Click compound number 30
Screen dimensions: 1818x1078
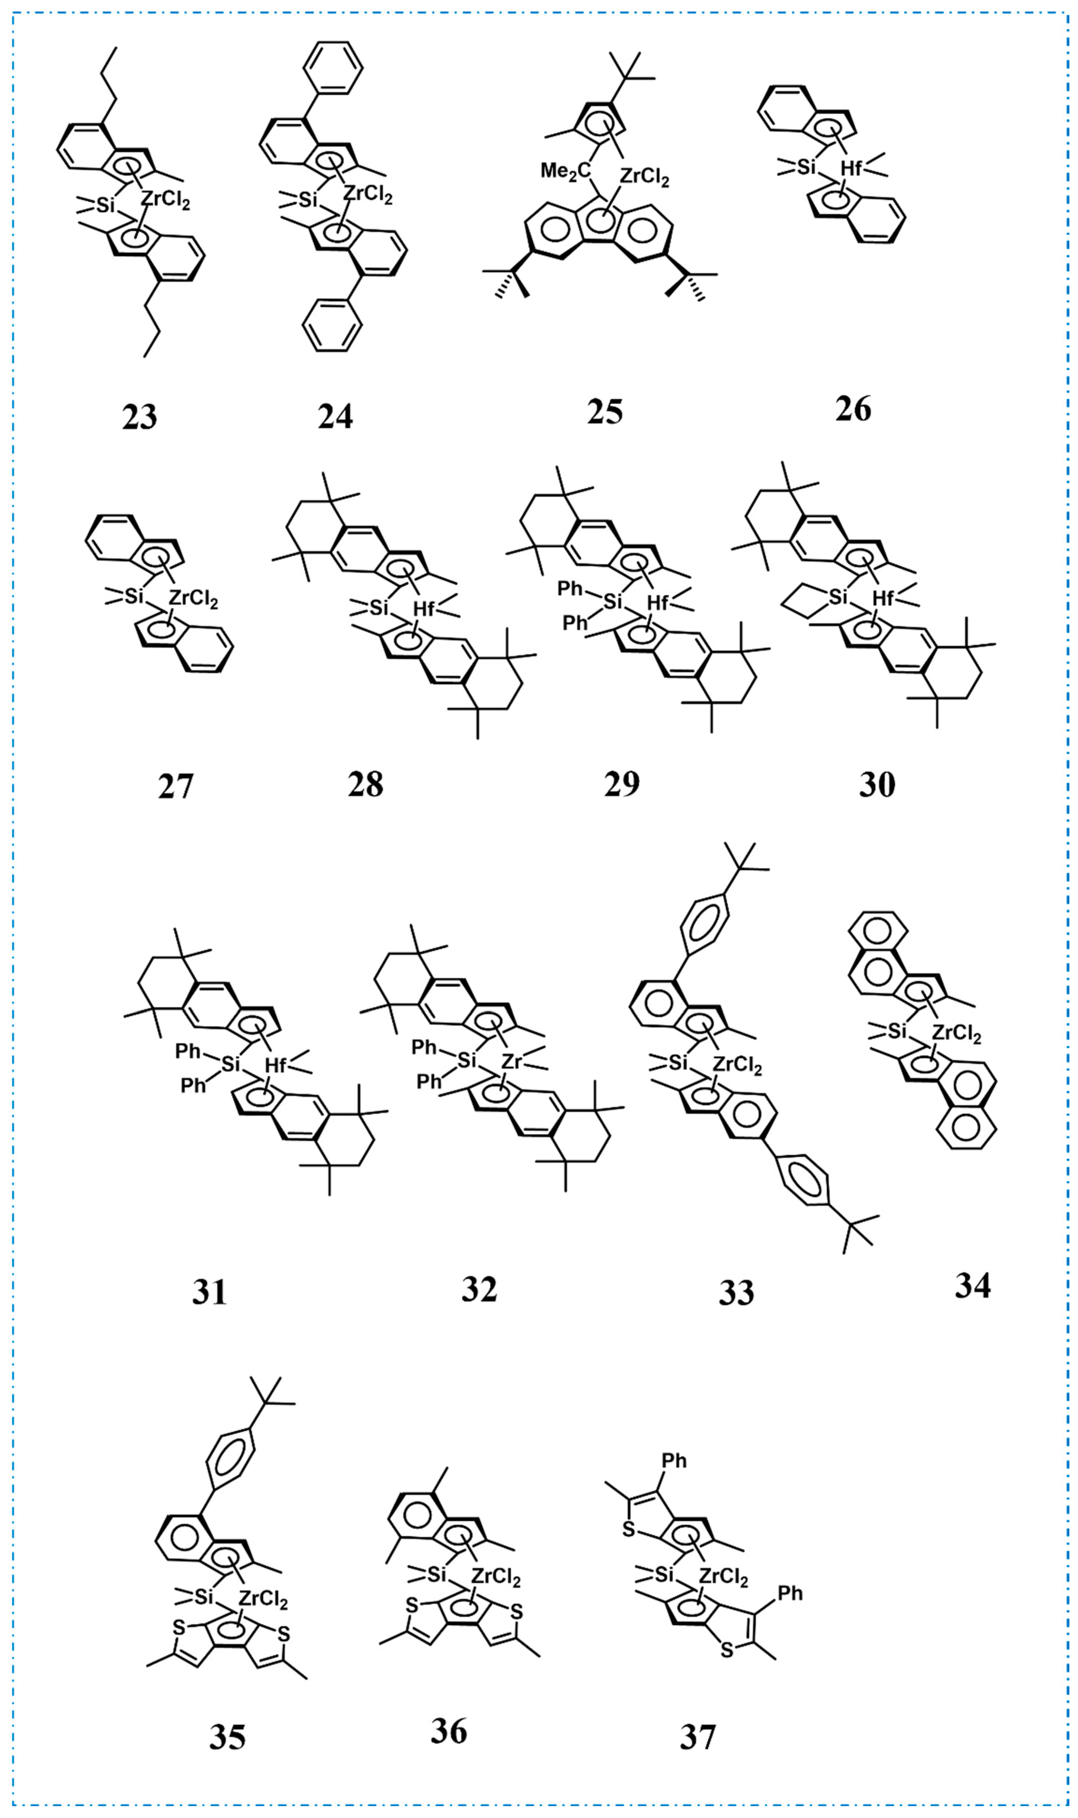[877, 785]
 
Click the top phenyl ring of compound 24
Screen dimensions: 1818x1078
[333, 67]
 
